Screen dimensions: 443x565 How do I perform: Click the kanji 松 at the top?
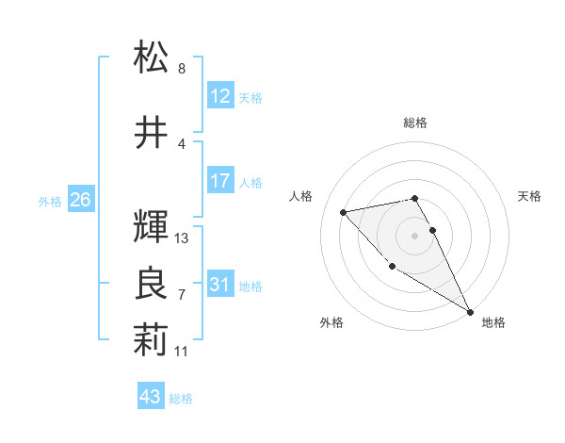click(x=151, y=58)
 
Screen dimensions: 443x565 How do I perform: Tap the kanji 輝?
click(x=151, y=226)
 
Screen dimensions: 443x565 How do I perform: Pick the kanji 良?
click(x=151, y=284)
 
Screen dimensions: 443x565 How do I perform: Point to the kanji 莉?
click(x=151, y=340)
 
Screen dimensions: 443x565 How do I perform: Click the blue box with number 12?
click(x=220, y=96)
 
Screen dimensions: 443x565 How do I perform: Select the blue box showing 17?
click(x=220, y=181)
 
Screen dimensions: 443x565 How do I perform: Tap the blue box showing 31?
click(x=220, y=285)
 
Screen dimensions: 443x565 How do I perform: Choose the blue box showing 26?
click(x=80, y=200)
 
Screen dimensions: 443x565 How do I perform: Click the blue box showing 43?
click(x=151, y=397)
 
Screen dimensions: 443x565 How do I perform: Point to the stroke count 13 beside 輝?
click(x=183, y=238)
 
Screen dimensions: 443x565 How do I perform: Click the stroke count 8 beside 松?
click(x=182, y=69)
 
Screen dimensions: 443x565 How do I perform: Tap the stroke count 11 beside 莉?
click(x=182, y=351)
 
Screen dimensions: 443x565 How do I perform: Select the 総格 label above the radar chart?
click(x=415, y=123)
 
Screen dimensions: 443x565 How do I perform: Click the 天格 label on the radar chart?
click(x=530, y=196)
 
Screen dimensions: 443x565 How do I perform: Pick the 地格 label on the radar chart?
click(x=493, y=322)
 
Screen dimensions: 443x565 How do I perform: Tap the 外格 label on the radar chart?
click(x=331, y=322)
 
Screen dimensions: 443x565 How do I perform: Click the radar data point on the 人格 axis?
click(x=344, y=212)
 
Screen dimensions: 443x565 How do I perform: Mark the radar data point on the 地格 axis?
click(x=470, y=312)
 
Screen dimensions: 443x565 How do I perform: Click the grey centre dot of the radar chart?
click(x=415, y=235)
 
